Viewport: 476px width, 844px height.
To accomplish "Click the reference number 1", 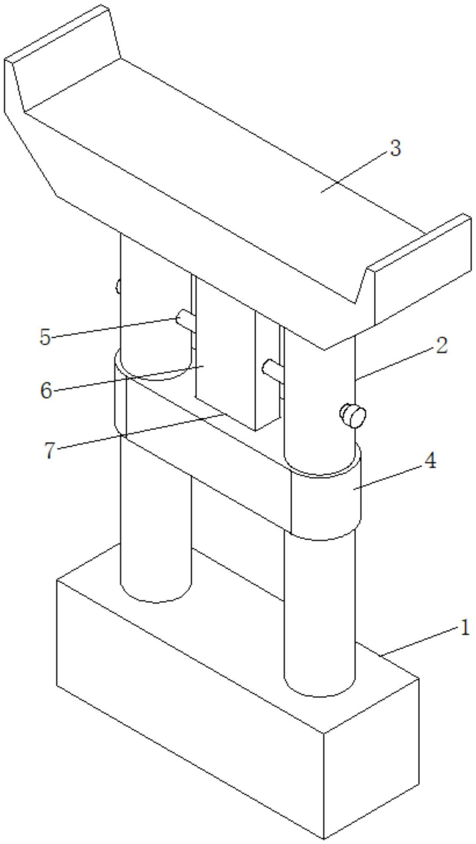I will pos(464,628).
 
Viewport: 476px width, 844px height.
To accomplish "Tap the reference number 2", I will pos(441,346).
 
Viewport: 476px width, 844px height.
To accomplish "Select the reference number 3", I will pos(395,148).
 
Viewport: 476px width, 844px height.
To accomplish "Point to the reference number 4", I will pos(430,461).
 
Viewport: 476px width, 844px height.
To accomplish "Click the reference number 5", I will pos(45,337).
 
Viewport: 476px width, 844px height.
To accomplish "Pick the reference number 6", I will pos(46,391).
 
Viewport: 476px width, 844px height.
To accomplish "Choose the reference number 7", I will pos(49,450).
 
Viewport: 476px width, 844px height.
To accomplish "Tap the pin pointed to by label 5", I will pos(185,319).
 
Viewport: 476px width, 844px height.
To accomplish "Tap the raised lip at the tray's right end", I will pos(420,267).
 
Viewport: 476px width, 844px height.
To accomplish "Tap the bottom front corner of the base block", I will pos(324,838).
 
